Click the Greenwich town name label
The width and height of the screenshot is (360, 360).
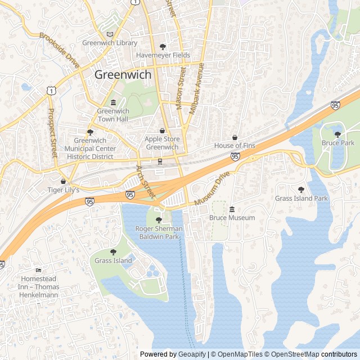click(x=123, y=74)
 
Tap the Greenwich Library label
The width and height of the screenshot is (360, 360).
click(x=110, y=43)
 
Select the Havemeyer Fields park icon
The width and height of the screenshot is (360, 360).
click(x=163, y=47)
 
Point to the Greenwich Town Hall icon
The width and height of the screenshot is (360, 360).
click(x=113, y=102)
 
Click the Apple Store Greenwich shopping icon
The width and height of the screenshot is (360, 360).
click(x=162, y=130)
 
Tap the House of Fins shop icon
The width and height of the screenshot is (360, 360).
click(x=235, y=137)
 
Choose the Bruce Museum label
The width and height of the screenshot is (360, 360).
click(x=232, y=218)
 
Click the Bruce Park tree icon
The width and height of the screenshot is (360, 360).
click(x=337, y=134)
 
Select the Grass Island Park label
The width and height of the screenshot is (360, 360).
click(x=301, y=199)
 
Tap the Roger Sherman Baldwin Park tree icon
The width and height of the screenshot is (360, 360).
click(x=159, y=220)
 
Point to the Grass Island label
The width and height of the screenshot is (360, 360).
click(x=113, y=260)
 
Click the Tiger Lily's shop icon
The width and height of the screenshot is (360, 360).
click(x=63, y=182)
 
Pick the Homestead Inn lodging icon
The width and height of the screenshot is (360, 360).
click(x=38, y=271)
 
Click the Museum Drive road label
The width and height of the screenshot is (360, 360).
click(x=212, y=188)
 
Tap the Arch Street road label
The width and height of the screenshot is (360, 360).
click(x=145, y=181)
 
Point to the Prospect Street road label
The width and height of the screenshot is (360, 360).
click(x=53, y=133)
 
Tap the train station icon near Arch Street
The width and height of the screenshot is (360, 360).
click(x=160, y=162)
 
